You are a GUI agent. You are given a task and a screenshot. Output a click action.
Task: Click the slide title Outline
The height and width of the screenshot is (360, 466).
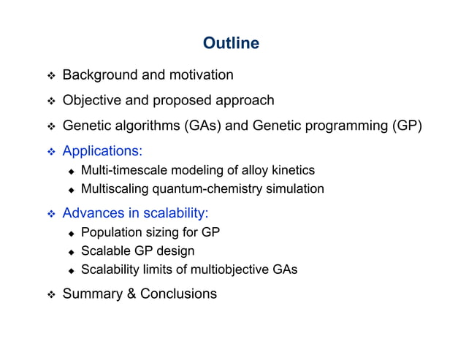231,44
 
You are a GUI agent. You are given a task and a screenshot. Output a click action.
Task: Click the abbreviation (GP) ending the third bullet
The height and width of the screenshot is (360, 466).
407,126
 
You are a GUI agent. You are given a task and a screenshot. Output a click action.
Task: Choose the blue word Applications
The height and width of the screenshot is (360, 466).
100,151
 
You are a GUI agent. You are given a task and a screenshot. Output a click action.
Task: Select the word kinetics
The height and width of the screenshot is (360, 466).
292,171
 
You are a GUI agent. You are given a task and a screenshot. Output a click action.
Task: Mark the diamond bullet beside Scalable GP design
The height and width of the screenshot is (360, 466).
72,252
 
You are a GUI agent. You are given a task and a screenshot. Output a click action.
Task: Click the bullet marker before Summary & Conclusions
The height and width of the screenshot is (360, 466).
51,295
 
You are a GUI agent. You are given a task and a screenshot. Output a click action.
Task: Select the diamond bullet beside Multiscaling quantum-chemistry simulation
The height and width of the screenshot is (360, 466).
72,190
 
